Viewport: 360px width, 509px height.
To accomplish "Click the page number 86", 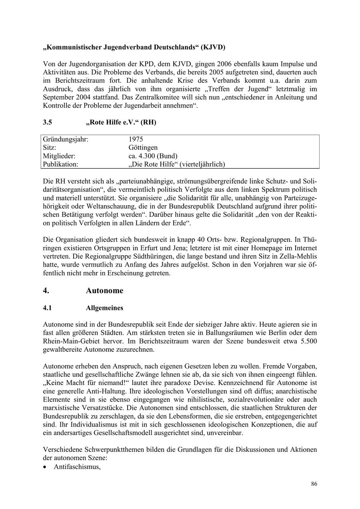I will point(314,484).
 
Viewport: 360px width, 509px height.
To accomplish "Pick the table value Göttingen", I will point(143,148).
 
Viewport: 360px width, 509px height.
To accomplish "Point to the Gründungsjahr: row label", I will point(66,139).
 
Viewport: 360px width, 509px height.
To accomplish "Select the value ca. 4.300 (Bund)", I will point(153,156).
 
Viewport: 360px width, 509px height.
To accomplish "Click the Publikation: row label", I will point(61,164).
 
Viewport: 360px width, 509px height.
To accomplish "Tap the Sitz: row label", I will point(50,148).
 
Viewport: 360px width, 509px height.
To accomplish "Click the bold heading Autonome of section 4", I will point(104,291).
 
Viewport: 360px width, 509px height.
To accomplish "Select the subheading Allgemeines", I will point(104,308).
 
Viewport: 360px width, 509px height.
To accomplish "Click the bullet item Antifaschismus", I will point(77,466).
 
